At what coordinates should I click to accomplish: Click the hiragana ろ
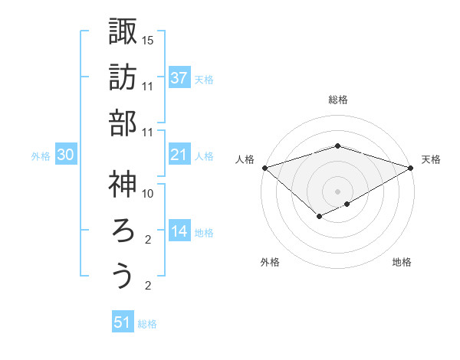point(122,230)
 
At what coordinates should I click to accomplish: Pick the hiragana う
point(122,277)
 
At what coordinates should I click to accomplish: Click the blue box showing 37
point(179,77)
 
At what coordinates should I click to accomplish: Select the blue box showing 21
point(179,155)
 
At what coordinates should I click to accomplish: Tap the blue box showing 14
point(179,231)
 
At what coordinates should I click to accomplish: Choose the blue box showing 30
point(66,155)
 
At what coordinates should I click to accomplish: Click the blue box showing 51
point(123,322)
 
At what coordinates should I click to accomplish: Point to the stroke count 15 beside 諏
point(148,40)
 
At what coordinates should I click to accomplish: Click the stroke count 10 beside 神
point(148,194)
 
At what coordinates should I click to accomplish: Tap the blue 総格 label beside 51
point(147,324)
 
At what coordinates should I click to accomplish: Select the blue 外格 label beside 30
point(41,156)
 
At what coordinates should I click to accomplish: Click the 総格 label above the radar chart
point(338,100)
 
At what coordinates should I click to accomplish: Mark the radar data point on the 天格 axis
point(412,168)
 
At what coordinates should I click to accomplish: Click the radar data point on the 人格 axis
point(264,168)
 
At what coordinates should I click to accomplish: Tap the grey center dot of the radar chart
point(337,190)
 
